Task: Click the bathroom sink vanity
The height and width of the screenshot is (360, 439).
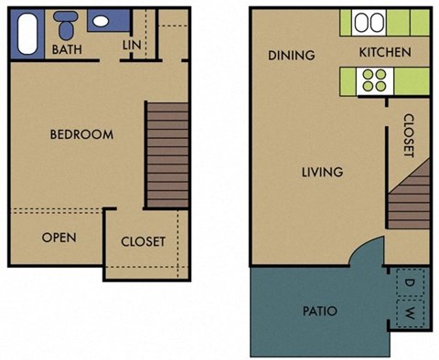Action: (x=108, y=21)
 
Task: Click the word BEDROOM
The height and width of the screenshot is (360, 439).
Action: (x=81, y=134)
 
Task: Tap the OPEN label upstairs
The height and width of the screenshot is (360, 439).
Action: (x=59, y=238)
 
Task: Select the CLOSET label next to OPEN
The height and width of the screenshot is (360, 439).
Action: (x=144, y=242)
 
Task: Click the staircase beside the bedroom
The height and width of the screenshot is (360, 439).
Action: (x=166, y=154)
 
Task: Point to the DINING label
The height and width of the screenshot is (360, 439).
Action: (x=291, y=55)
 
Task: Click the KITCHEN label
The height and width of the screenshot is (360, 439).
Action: (x=384, y=52)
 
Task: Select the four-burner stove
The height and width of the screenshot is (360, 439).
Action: (x=375, y=81)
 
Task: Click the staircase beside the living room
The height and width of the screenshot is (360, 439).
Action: (x=407, y=197)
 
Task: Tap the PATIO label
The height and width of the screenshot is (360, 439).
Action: (x=318, y=312)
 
